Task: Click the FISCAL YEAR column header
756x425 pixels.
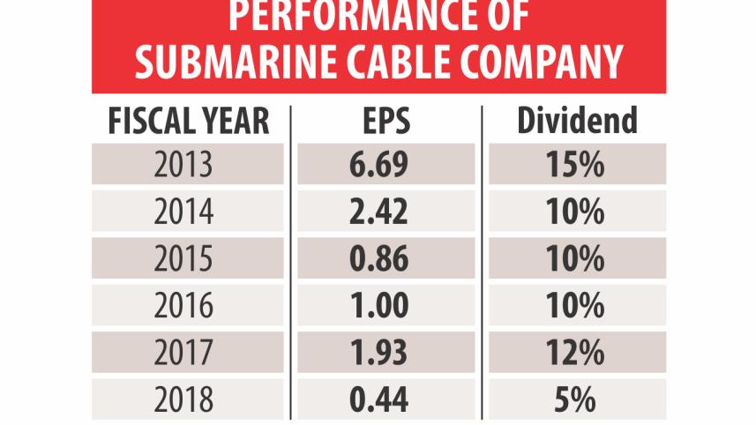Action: (188, 120)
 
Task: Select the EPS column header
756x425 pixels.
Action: (384, 120)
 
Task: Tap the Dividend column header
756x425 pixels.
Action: (576, 120)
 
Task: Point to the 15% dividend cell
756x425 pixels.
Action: (577, 164)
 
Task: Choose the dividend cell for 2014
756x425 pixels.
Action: (577, 212)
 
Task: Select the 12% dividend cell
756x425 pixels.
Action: (577, 353)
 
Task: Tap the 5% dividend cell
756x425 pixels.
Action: (577, 400)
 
